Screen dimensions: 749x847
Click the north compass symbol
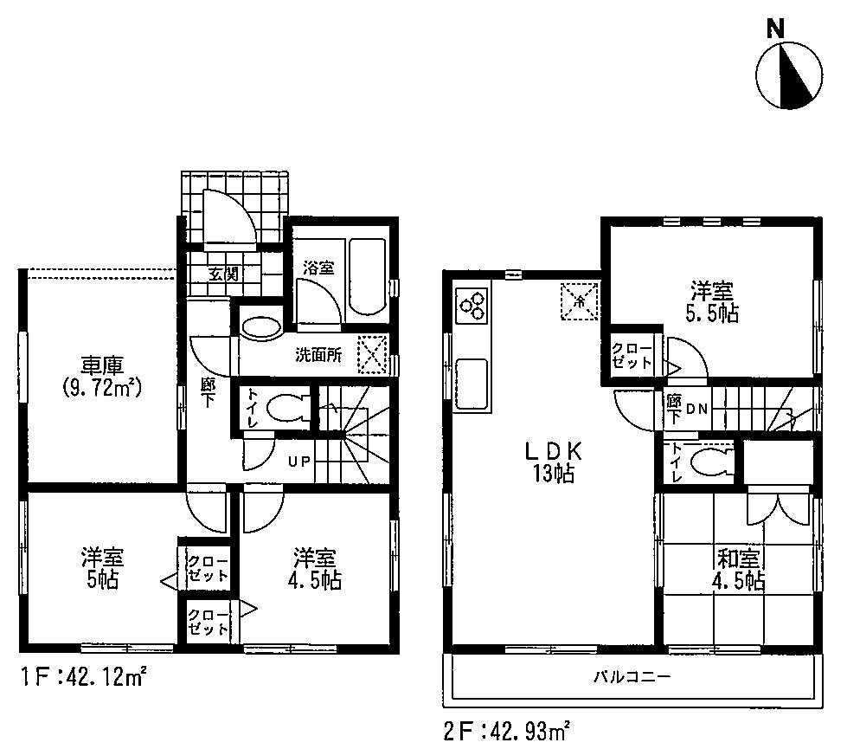click(788, 75)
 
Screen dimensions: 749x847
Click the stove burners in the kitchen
click(472, 304)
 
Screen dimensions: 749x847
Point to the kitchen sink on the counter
click(472, 382)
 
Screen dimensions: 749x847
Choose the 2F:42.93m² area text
click(506, 731)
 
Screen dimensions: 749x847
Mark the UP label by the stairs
click(299, 461)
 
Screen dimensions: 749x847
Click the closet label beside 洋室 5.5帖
click(632, 355)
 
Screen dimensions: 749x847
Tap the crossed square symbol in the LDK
click(578, 300)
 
